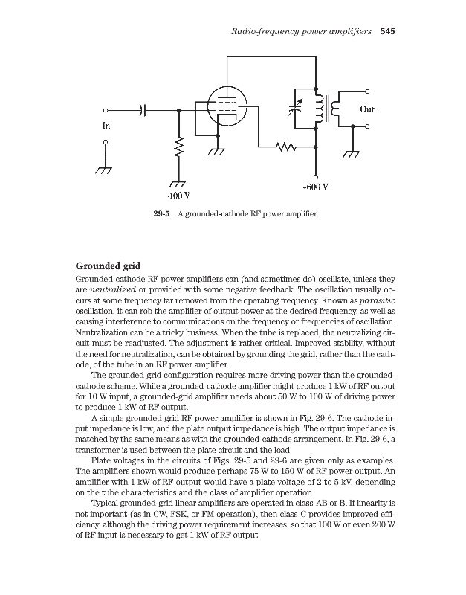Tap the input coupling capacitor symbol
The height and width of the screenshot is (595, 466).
[x=145, y=109]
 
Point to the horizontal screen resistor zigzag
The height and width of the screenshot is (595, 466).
[x=285, y=147]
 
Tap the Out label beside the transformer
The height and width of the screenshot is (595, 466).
[x=366, y=109]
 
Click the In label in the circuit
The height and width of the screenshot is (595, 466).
[x=106, y=125]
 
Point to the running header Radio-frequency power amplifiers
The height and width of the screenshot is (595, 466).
[x=301, y=32]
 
